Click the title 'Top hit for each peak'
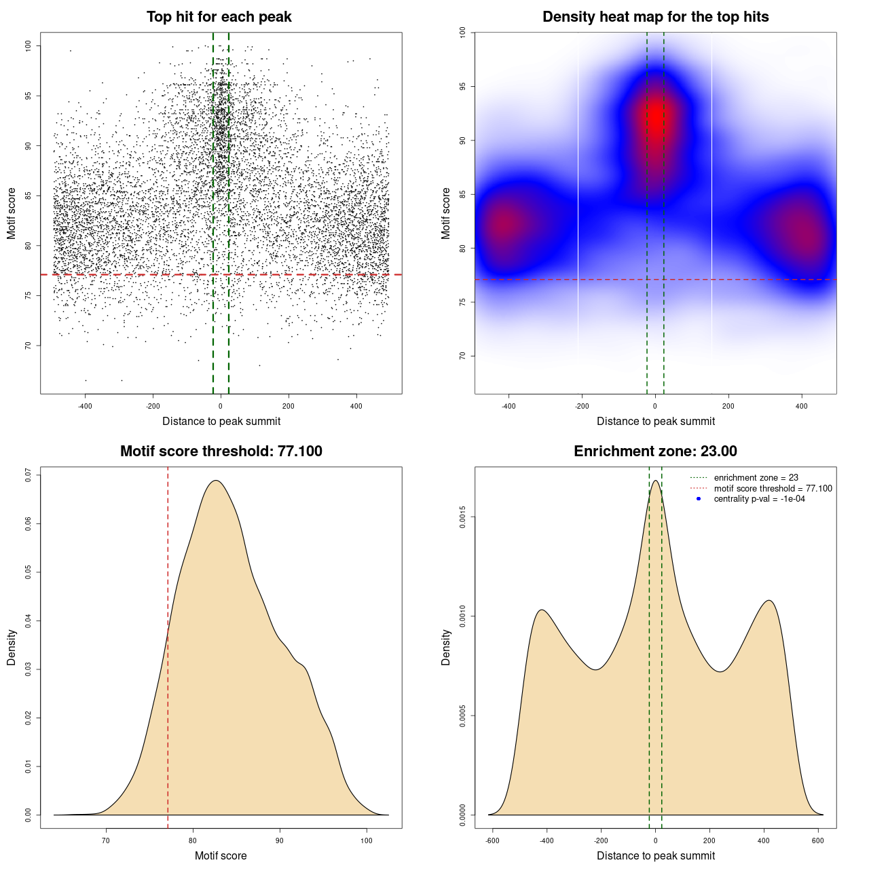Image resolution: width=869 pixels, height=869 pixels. (x=219, y=17)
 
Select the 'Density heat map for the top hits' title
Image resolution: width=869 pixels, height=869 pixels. (x=655, y=17)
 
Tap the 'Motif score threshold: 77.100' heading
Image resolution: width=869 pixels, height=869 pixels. (x=221, y=451)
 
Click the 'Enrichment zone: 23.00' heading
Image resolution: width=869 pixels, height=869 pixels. (x=655, y=451)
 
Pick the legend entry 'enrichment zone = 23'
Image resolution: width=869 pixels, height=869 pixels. (x=756, y=478)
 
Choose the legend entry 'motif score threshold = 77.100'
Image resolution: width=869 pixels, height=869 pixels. (x=773, y=489)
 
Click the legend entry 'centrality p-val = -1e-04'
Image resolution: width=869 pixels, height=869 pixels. (x=759, y=499)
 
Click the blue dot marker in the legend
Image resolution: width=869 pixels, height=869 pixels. (x=699, y=499)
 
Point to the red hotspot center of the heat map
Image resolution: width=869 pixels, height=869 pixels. (x=657, y=117)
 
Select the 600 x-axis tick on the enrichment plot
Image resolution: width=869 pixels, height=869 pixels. (x=818, y=840)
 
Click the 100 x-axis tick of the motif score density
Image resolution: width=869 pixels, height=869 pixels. (x=367, y=840)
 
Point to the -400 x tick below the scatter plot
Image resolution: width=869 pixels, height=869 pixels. (x=85, y=406)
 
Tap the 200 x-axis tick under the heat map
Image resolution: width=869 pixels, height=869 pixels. (x=728, y=406)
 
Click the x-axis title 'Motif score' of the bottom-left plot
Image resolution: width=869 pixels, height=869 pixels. (x=221, y=855)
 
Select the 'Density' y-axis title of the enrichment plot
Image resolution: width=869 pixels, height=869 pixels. (x=446, y=647)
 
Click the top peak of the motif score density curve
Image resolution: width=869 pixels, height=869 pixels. (x=216, y=481)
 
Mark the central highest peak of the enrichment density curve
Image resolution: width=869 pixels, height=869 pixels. (x=656, y=481)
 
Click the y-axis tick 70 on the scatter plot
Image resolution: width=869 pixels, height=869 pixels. (x=29, y=346)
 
